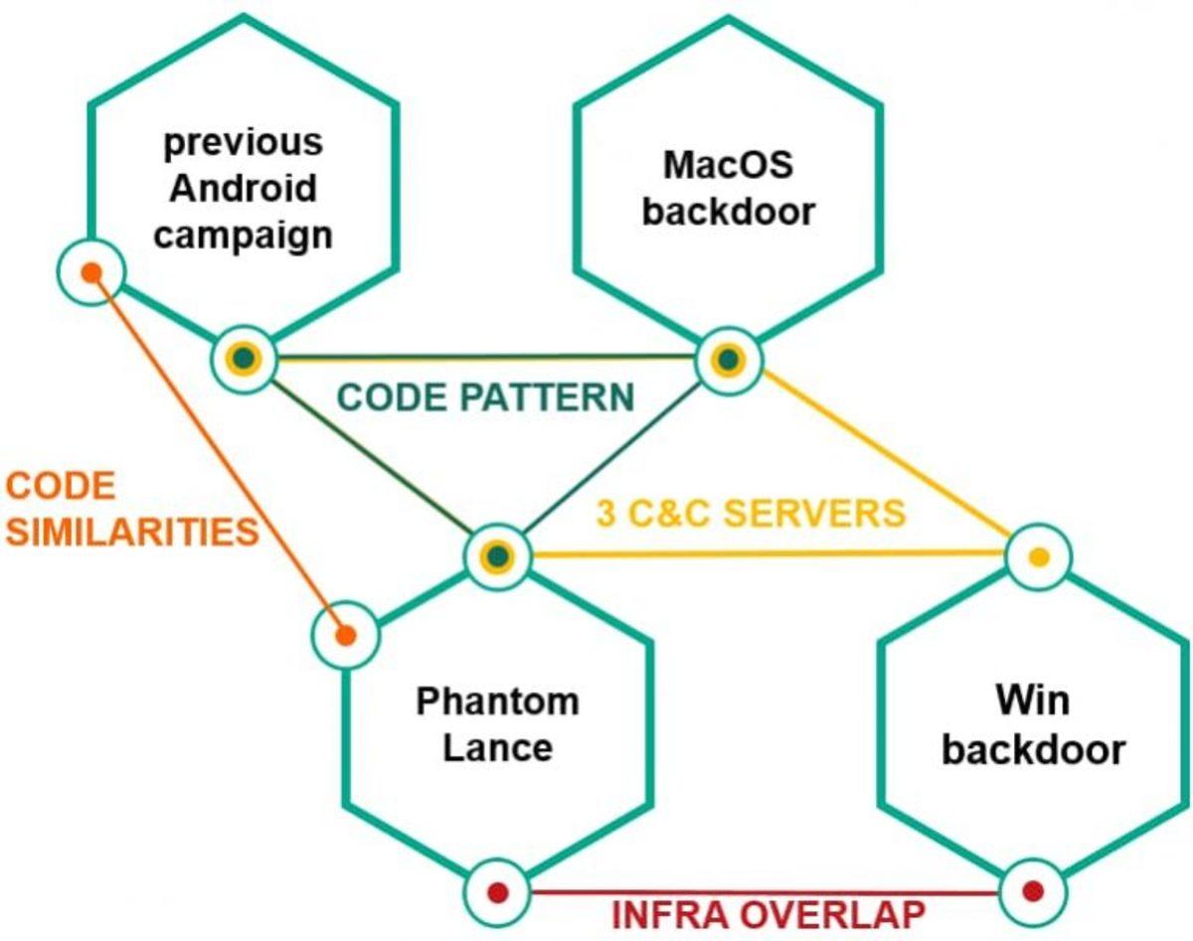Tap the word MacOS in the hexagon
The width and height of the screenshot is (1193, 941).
coord(728,164)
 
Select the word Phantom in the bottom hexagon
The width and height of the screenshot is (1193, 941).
coord(497,702)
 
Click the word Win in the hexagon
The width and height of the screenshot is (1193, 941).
coord(1032,702)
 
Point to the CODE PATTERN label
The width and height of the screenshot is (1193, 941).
coord(485,397)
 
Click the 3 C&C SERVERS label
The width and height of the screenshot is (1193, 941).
coord(751,514)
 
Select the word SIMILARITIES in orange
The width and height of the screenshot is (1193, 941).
coord(131,533)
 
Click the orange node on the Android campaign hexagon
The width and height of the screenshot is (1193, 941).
coord(90,271)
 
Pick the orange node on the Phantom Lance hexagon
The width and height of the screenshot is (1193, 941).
coord(346,633)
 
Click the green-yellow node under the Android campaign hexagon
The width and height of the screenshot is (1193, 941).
coord(244,358)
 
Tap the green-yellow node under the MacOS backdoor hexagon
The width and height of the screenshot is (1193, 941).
coord(729,359)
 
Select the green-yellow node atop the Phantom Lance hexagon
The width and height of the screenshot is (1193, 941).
coord(498,555)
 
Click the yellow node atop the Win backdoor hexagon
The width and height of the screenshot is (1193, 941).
coord(1038,557)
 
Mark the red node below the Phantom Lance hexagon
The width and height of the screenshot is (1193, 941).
coord(498,891)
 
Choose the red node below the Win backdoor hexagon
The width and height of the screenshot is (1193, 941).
coord(1032,889)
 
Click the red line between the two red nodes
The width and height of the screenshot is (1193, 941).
coord(766,891)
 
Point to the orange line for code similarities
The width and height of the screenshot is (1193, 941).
coord(219,453)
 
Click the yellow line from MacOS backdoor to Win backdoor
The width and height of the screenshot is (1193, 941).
coord(885,456)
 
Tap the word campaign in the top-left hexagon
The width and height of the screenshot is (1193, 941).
coord(242,235)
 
